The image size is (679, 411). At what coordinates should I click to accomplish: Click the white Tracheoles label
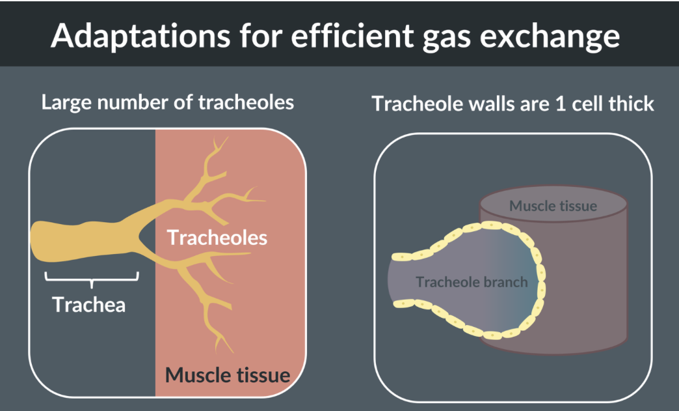pyautogui.click(x=217, y=238)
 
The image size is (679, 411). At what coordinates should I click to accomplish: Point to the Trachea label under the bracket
pyautogui.click(x=89, y=304)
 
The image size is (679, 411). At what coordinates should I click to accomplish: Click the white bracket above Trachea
pyautogui.click(x=91, y=279)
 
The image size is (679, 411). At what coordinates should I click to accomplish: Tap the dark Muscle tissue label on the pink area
pyautogui.click(x=227, y=375)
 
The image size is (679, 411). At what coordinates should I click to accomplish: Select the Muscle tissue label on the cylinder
pyautogui.click(x=553, y=206)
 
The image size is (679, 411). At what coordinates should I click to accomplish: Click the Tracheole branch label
pyautogui.click(x=472, y=282)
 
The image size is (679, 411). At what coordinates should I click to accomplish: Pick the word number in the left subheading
pyautogui.click(x=124, y=102)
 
